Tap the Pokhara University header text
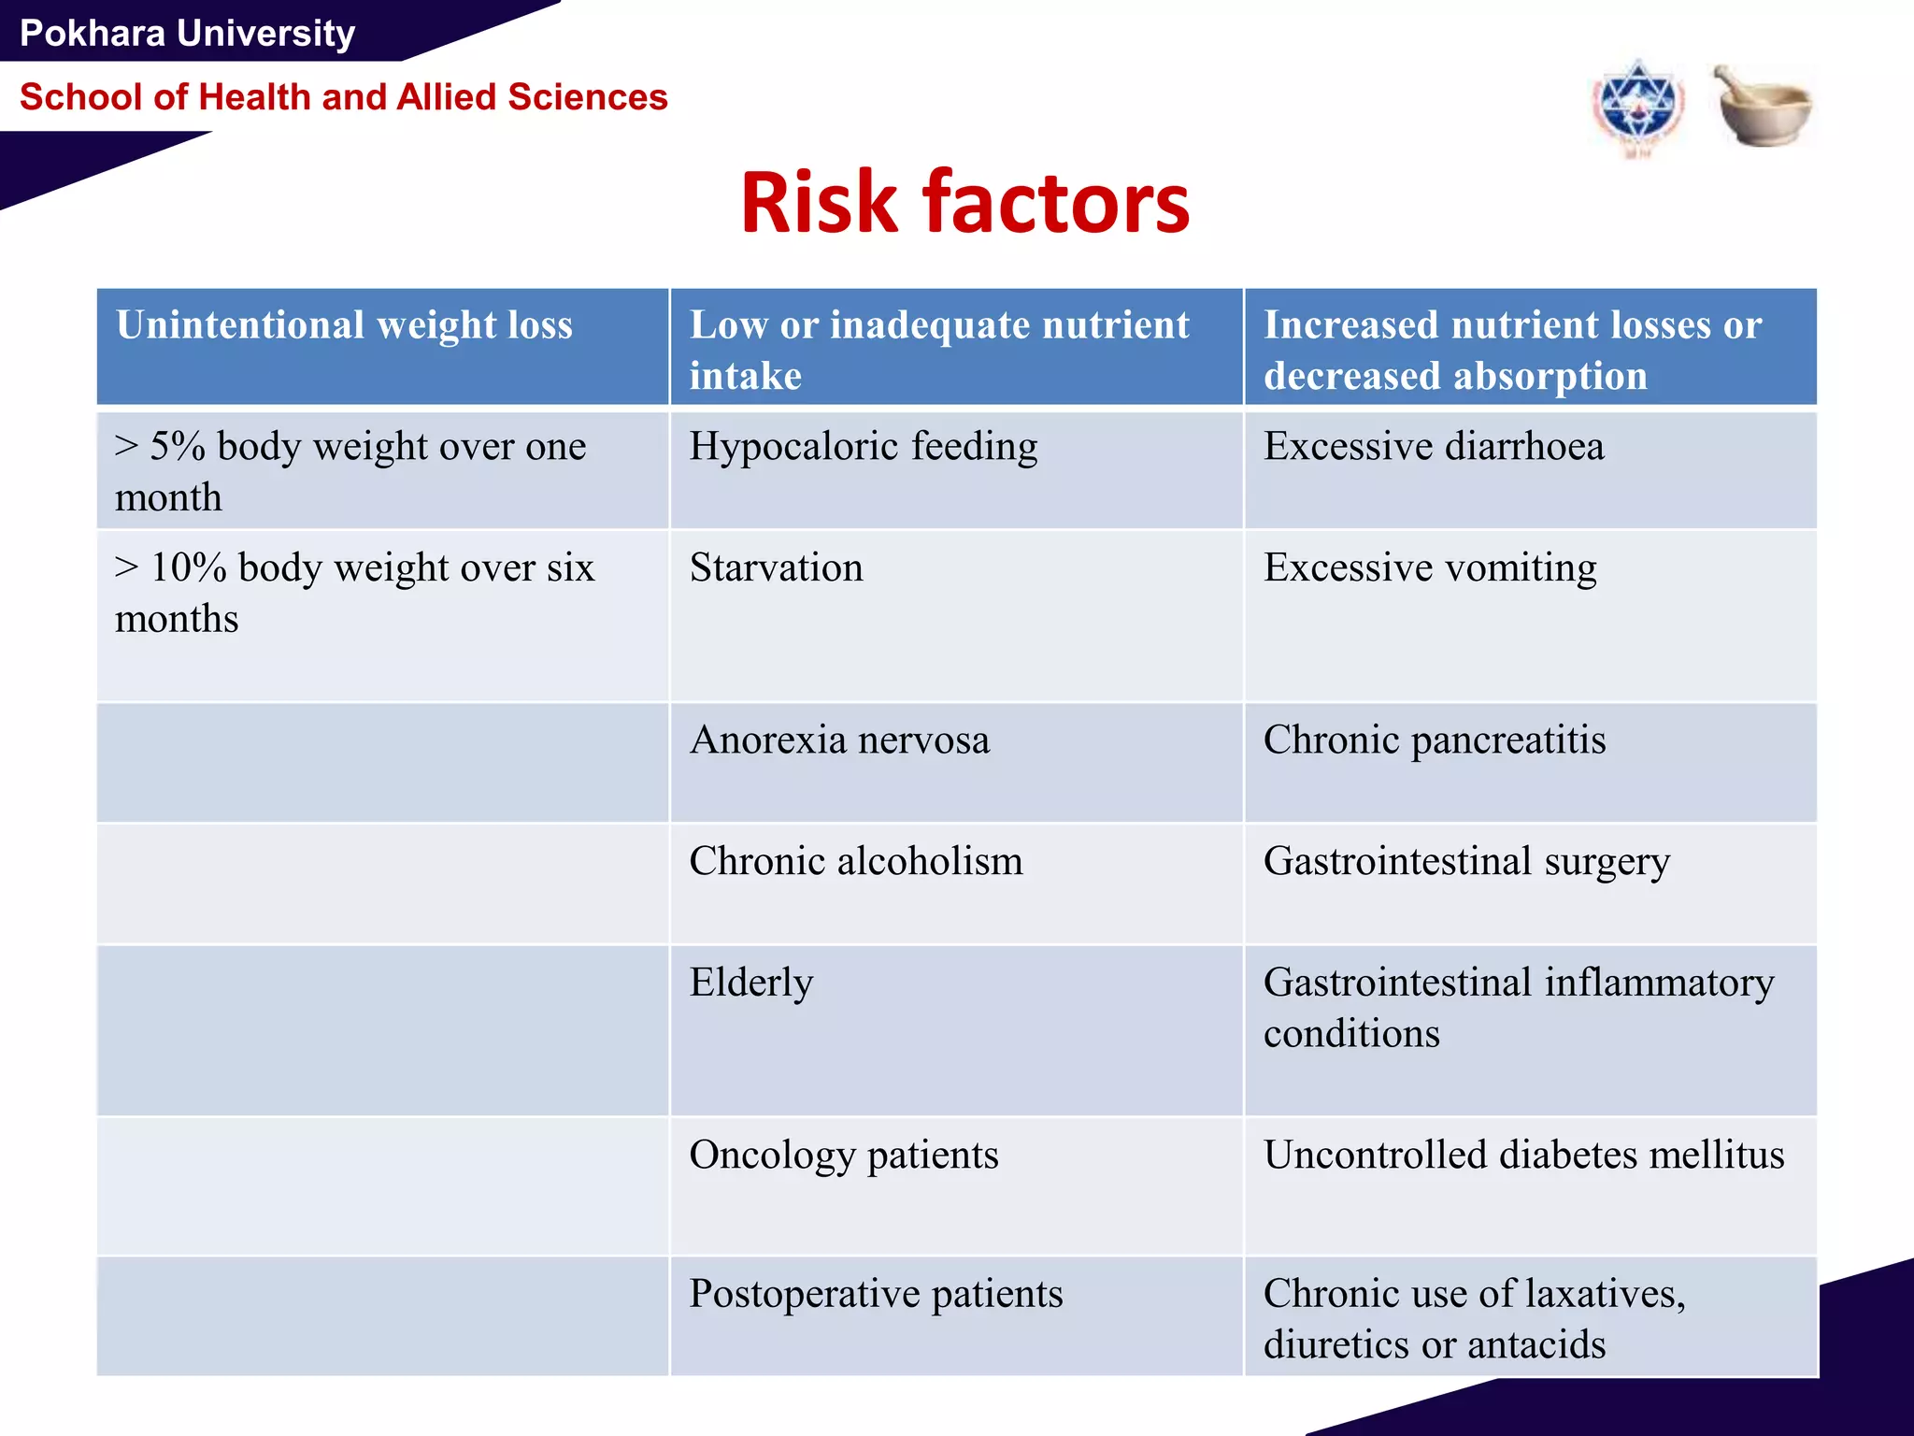[x=187, y=34]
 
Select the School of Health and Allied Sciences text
[x=343, y=97]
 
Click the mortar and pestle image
[x=1762, y=106]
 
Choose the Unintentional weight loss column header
[x=344, y=325]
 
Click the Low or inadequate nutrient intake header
[x=938, y=349]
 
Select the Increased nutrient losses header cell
[x=1512, y=349]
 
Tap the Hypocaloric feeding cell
[x=863, y=447]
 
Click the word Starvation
[x=776, y=568]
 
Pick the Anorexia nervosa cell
[x=839, y=740]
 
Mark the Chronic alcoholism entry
[x=855, y=861]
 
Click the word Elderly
[x=751, y=983]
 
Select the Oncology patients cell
[x=843, y=1156]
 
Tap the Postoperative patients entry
[x=876, y=1294]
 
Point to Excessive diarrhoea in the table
[x=1434, y=447]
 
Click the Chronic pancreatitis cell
[x=1434, y=740]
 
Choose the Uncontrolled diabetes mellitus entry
[x=1523, y=1156]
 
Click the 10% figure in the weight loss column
[x=188, y=568]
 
